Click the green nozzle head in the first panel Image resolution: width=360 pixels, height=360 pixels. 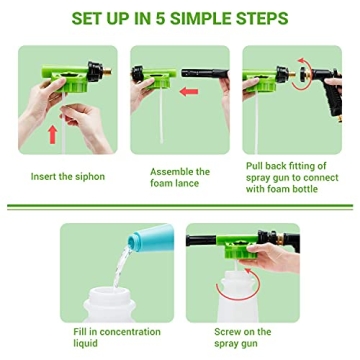tap(65, 65)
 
